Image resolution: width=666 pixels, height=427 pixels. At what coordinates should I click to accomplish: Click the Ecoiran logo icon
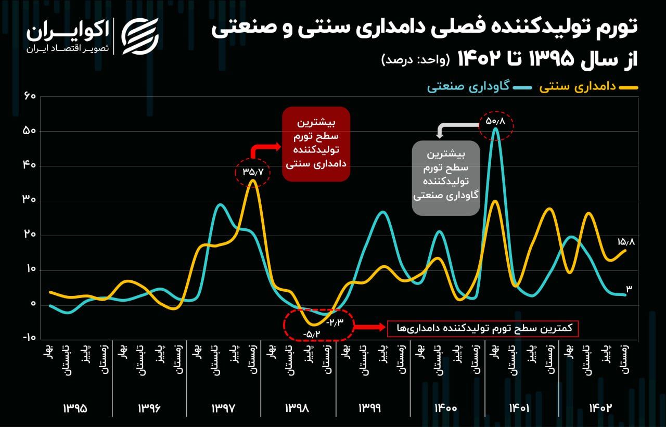click(139, 36)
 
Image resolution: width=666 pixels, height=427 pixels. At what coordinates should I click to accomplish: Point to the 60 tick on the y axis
click(29, 97)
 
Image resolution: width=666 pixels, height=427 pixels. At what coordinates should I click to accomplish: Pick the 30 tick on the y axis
click(29, 201)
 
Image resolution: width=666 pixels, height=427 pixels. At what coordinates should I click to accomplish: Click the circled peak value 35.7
click(253, 171)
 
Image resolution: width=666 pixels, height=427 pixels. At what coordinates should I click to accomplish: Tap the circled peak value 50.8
click(495, 121)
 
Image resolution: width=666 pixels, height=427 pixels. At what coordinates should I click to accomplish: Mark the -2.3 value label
click(335, 322)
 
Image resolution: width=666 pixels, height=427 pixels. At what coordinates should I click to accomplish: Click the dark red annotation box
click(316, 144)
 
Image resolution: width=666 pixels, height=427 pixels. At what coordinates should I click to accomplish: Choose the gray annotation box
click(446, 177)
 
